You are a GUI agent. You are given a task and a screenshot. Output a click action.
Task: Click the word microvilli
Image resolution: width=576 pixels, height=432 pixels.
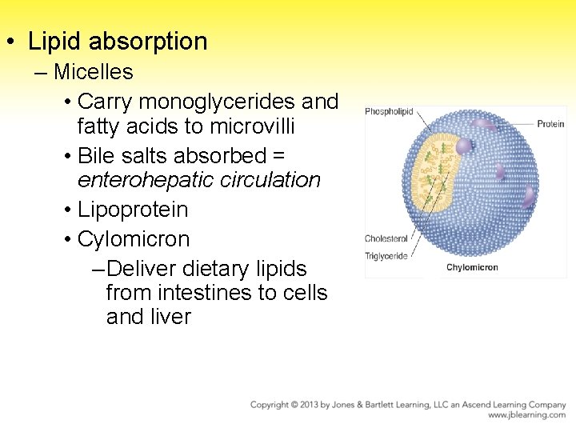point(250,126)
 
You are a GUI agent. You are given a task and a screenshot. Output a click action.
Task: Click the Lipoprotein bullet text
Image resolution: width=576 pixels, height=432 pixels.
point(133,210)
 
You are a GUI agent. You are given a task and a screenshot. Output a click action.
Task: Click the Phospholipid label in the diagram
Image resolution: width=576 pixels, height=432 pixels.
point(389,112)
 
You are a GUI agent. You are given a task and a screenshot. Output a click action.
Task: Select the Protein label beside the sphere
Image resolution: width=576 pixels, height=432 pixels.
point(550,124)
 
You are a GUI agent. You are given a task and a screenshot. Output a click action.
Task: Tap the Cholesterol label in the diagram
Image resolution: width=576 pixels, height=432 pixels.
point(386,238)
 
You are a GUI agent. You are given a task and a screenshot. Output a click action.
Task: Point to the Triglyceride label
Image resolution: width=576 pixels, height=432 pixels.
point(386,256)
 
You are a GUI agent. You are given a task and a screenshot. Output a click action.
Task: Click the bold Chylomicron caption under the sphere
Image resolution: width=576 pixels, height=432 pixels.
point(472,267)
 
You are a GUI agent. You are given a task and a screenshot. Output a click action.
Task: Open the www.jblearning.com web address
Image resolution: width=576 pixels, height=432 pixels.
point(526,415)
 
